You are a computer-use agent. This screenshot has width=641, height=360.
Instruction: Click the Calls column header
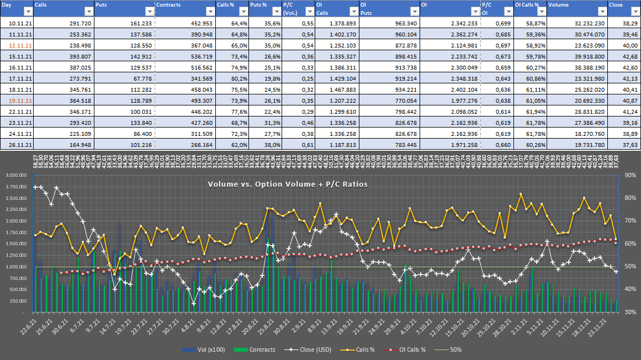(41, 5)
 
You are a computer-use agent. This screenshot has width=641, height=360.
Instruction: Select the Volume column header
(558, 5)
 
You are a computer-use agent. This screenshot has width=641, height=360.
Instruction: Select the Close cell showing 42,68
(629, 56)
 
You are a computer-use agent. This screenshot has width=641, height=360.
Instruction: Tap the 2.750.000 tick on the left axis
(17, 187)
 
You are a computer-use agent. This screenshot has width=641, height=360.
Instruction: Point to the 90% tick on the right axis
(628, 176)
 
